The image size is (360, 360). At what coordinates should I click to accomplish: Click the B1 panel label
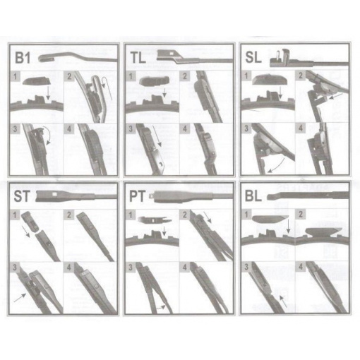(x=23, y=58)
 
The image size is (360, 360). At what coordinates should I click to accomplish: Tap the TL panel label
(x=138, y=58)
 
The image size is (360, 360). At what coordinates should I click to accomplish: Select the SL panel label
(x=253, y=57)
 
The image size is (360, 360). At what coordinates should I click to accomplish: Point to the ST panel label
(x=22, y=196)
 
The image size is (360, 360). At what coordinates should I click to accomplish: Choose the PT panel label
(x=138, y=196)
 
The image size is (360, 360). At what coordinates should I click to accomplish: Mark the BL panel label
(x=253, y=196)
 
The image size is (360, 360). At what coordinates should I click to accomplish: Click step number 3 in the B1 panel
(x=16, y=129)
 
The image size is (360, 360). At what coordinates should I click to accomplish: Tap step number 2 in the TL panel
(x=185, y=76)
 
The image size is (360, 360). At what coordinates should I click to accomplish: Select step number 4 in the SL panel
(x=300, y=128)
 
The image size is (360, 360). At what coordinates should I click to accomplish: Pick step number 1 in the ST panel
(x=15, y=215)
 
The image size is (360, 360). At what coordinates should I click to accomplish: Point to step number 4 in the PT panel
(x=185, y=268)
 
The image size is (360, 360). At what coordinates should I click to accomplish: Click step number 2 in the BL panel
(x=301, y=215)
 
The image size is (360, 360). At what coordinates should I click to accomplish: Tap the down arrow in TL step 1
(x=164, y=92)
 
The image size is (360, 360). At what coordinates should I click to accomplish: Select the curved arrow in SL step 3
(x=277, y=167)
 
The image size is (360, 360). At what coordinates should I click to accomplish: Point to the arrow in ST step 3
(x=20, y=298)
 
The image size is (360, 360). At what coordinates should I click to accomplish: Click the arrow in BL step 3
(x=283, y=301)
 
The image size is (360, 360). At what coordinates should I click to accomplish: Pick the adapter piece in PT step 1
(x=155, y=220)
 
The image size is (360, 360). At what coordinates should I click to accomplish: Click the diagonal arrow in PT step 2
(x=208, y=217)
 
